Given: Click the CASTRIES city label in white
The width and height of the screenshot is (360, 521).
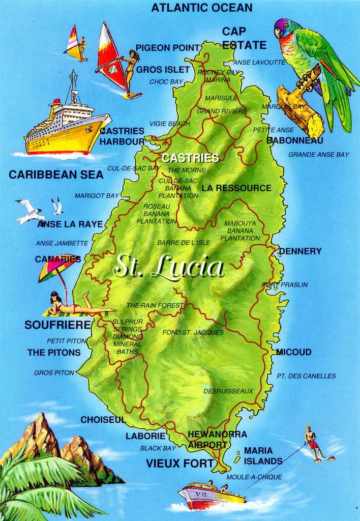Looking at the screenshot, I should (190, 158).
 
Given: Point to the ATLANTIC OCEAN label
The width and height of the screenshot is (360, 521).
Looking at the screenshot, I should (201, 8).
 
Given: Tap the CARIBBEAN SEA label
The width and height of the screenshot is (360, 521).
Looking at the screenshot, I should (56, 175).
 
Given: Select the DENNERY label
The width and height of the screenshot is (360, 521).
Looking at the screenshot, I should (300, 251).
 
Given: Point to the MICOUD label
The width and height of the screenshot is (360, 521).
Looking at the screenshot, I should (293, 352).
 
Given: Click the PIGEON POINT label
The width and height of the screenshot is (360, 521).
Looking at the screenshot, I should (167, 48).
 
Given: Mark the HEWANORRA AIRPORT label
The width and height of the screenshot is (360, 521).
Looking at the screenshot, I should (217, 439).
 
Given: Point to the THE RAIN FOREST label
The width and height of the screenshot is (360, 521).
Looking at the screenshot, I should (155, 305).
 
